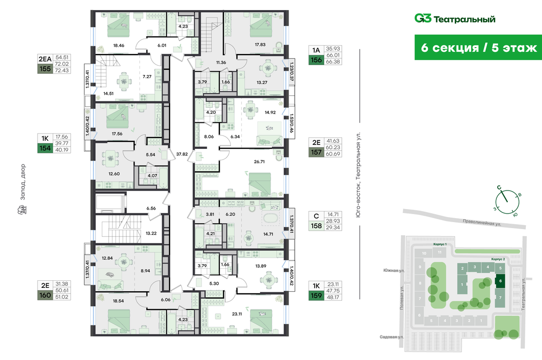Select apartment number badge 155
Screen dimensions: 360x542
45,70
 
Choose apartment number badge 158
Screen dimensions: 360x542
316,227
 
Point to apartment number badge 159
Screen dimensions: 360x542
316,295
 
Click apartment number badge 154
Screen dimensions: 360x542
45,148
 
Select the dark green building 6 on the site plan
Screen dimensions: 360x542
501,281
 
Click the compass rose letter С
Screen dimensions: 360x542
499,188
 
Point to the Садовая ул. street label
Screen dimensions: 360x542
392,337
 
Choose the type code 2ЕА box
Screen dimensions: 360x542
45,58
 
